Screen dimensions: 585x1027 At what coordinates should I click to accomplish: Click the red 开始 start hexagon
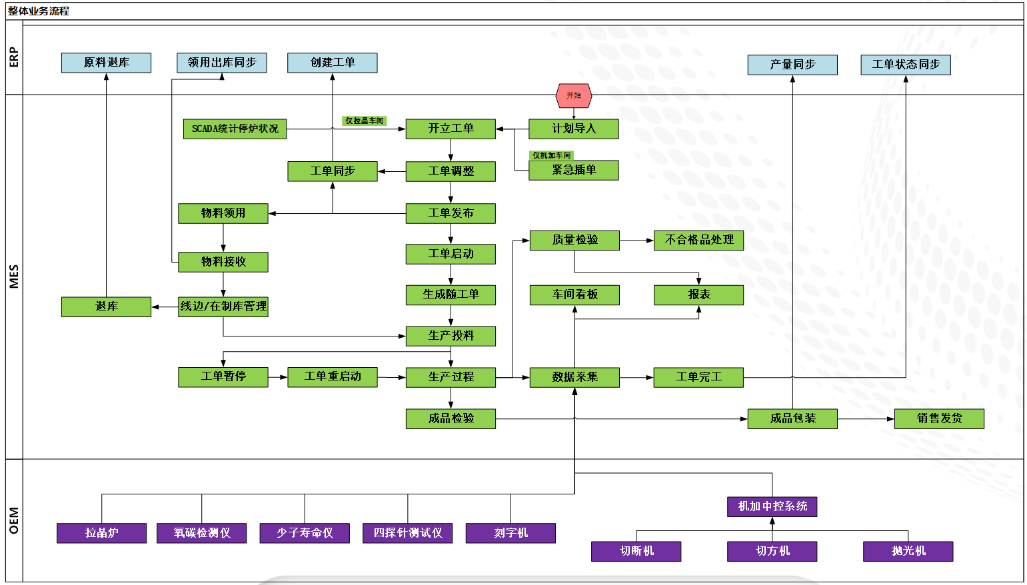point(573,96)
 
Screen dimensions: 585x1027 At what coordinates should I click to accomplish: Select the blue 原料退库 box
point(106,63)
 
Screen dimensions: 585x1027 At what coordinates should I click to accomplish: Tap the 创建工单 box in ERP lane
point(332,63)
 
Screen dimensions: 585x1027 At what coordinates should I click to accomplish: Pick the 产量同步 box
point(792,65)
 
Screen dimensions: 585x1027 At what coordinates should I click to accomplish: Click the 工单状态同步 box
point(906,65)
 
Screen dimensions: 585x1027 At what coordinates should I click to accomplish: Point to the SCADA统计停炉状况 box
point(235,129)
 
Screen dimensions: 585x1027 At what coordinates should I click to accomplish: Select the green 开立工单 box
point(451,129)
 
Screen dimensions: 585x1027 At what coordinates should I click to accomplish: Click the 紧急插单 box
point(573,170)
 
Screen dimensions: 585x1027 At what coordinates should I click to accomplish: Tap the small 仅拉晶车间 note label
point(364,121)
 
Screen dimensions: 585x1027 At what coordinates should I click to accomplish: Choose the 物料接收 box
point(223,262)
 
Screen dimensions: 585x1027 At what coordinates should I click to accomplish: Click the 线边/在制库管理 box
point(223,306)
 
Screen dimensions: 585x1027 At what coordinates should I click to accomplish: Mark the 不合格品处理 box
point(698,240)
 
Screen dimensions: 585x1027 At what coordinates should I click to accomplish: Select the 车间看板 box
point(574,294)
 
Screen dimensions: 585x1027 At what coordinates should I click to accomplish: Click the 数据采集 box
point(574,377)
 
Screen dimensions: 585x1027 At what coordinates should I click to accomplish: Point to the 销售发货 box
point(939,418)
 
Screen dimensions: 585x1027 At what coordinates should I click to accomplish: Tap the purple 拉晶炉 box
point(101,533)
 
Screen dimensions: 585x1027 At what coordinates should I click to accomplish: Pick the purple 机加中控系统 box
point(772,506)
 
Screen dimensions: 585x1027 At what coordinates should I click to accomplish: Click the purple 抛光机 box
point(908,551)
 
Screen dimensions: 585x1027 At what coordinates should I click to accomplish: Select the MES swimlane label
point(14,277)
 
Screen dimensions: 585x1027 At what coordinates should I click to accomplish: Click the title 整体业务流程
point(39,11)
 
